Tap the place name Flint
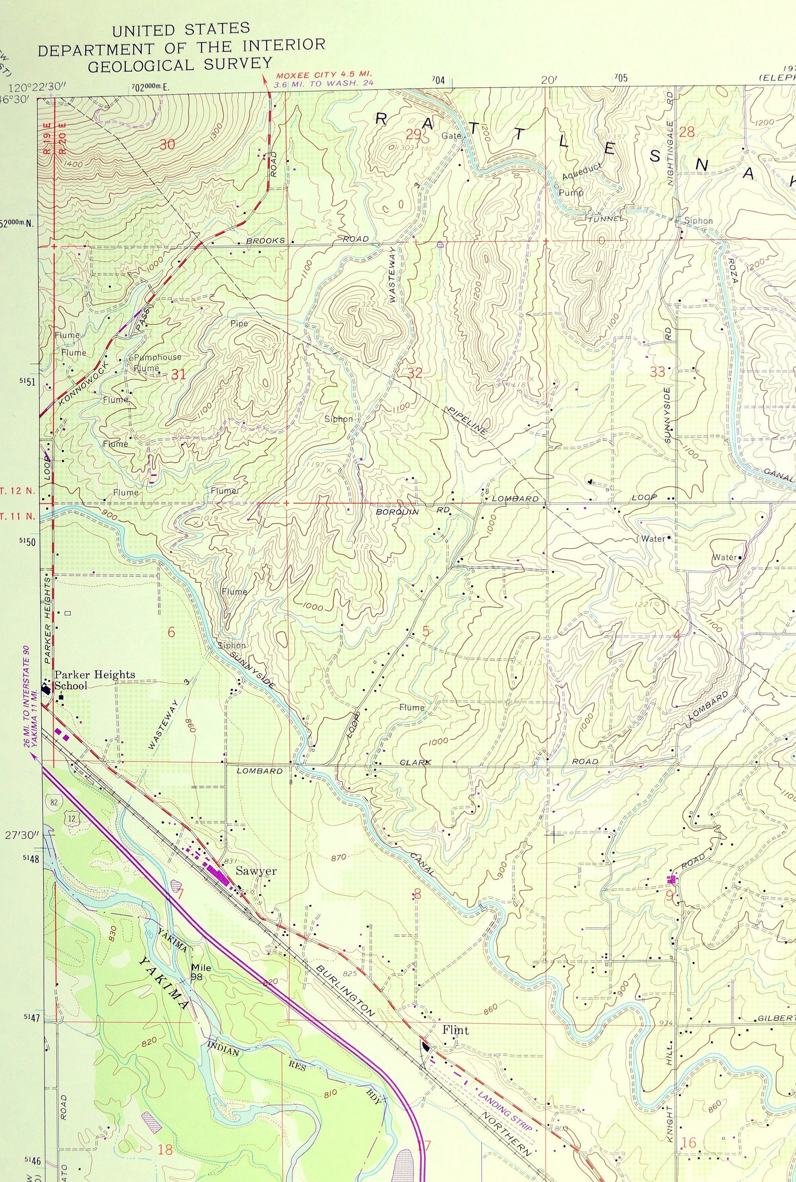(x=455, y=1031)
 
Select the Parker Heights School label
(x=94, y=681)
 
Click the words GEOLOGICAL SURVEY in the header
(x=180, y=65)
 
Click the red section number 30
(x=167, y=145)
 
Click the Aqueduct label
(x=582, y=172)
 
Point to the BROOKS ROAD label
(x=308, y=240)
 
